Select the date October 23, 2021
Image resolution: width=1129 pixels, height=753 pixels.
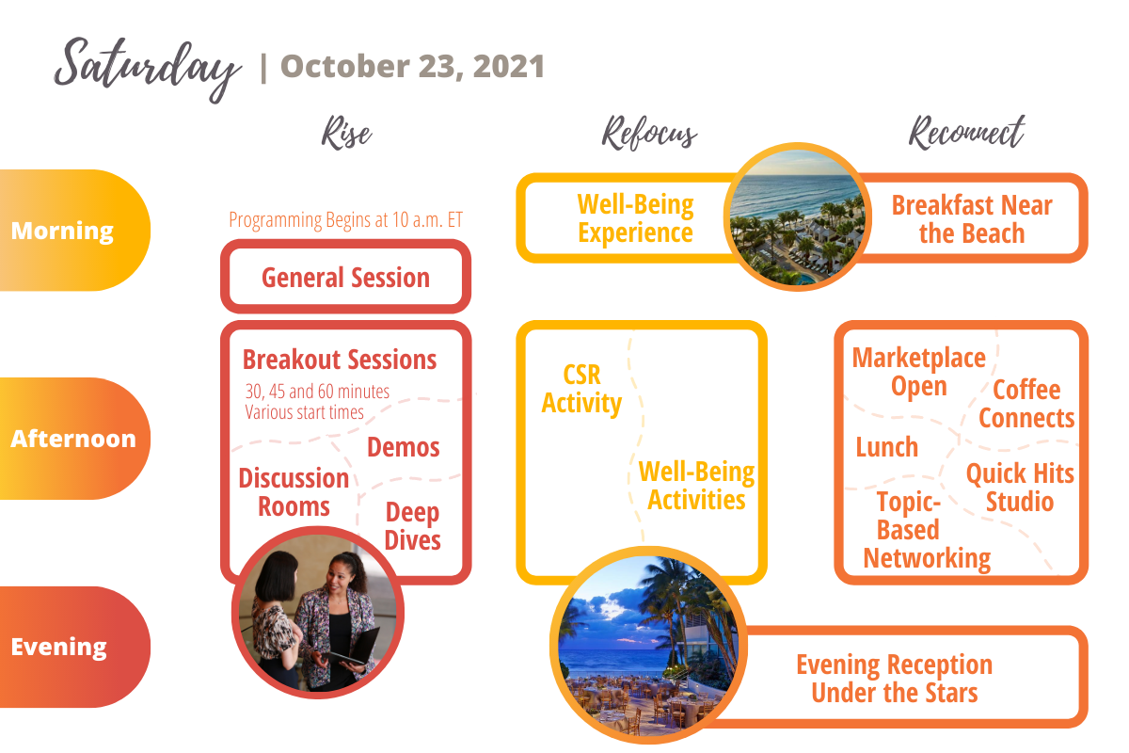[412, 67]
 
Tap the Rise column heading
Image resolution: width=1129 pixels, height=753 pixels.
[346, 134]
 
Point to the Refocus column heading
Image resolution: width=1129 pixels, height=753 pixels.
[649, 134]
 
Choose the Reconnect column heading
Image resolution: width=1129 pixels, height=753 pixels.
[966, 134]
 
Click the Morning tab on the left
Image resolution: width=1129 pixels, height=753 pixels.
[63, 231]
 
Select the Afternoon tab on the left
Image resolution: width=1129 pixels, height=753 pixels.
[73, 439]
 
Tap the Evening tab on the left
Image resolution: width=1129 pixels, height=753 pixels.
[58, 647]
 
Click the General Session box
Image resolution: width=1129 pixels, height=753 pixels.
[345, 278]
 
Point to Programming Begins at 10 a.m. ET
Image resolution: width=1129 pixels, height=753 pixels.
[345, 220]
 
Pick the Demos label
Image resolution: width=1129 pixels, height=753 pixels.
[404, 447]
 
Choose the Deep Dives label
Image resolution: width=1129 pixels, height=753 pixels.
[413, 526]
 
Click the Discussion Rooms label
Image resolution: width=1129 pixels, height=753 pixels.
[294, 492]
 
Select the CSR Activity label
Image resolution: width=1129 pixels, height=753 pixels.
[581, 390]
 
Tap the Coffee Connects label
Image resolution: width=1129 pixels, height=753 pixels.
[1026, 404]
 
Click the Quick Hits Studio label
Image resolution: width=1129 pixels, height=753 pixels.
[1020, 487]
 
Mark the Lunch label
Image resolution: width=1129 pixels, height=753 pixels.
[887, 446]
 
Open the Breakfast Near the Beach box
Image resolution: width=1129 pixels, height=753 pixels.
[972, 218]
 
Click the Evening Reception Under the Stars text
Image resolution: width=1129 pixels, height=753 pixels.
[894, 679]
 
